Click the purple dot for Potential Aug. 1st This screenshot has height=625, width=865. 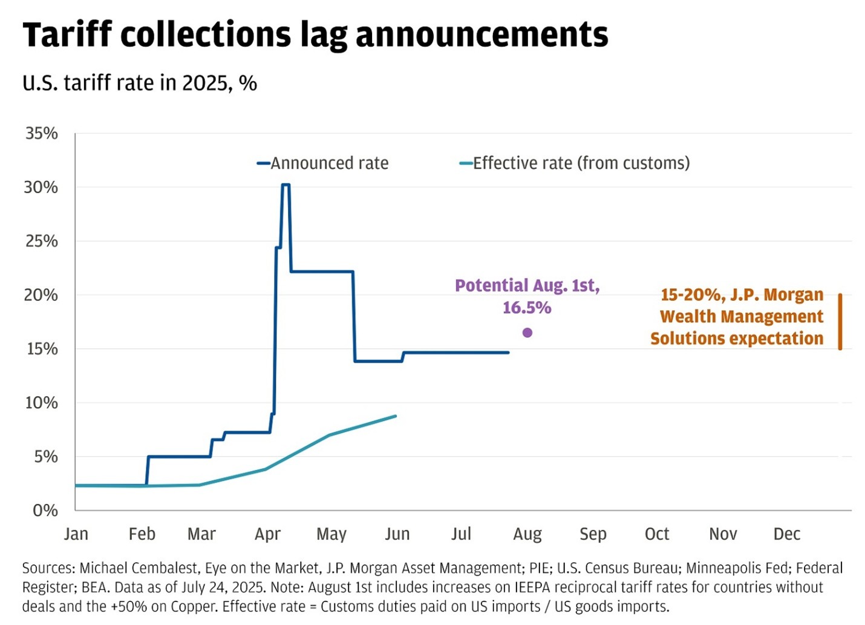coord(527,332)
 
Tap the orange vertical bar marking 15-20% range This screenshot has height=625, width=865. coord(840,322)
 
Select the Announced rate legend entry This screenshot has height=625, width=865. coord(323,164)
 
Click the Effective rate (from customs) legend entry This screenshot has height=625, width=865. coord(575,164)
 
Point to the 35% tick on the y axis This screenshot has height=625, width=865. coord(41,133)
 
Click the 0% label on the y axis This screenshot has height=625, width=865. coord(45,511)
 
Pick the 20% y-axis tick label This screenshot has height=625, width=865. coord(41,295)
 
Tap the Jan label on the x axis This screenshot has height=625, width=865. coord(76,534)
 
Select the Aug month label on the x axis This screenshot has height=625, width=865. coord(527,534)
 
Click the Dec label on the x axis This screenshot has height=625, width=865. coord(786,534)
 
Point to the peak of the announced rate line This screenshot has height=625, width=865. coord(286,185)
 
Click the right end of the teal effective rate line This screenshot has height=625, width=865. coord(396,416)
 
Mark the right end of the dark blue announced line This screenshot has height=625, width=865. coord(508,352)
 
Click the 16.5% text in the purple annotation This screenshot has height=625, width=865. coord(527,308)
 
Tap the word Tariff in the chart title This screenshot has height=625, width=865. coord(67,35)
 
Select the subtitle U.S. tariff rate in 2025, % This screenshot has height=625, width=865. coord(140,83)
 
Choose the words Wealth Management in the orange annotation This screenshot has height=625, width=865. coord(741,317)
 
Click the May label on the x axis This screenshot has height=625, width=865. coord(331,534)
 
